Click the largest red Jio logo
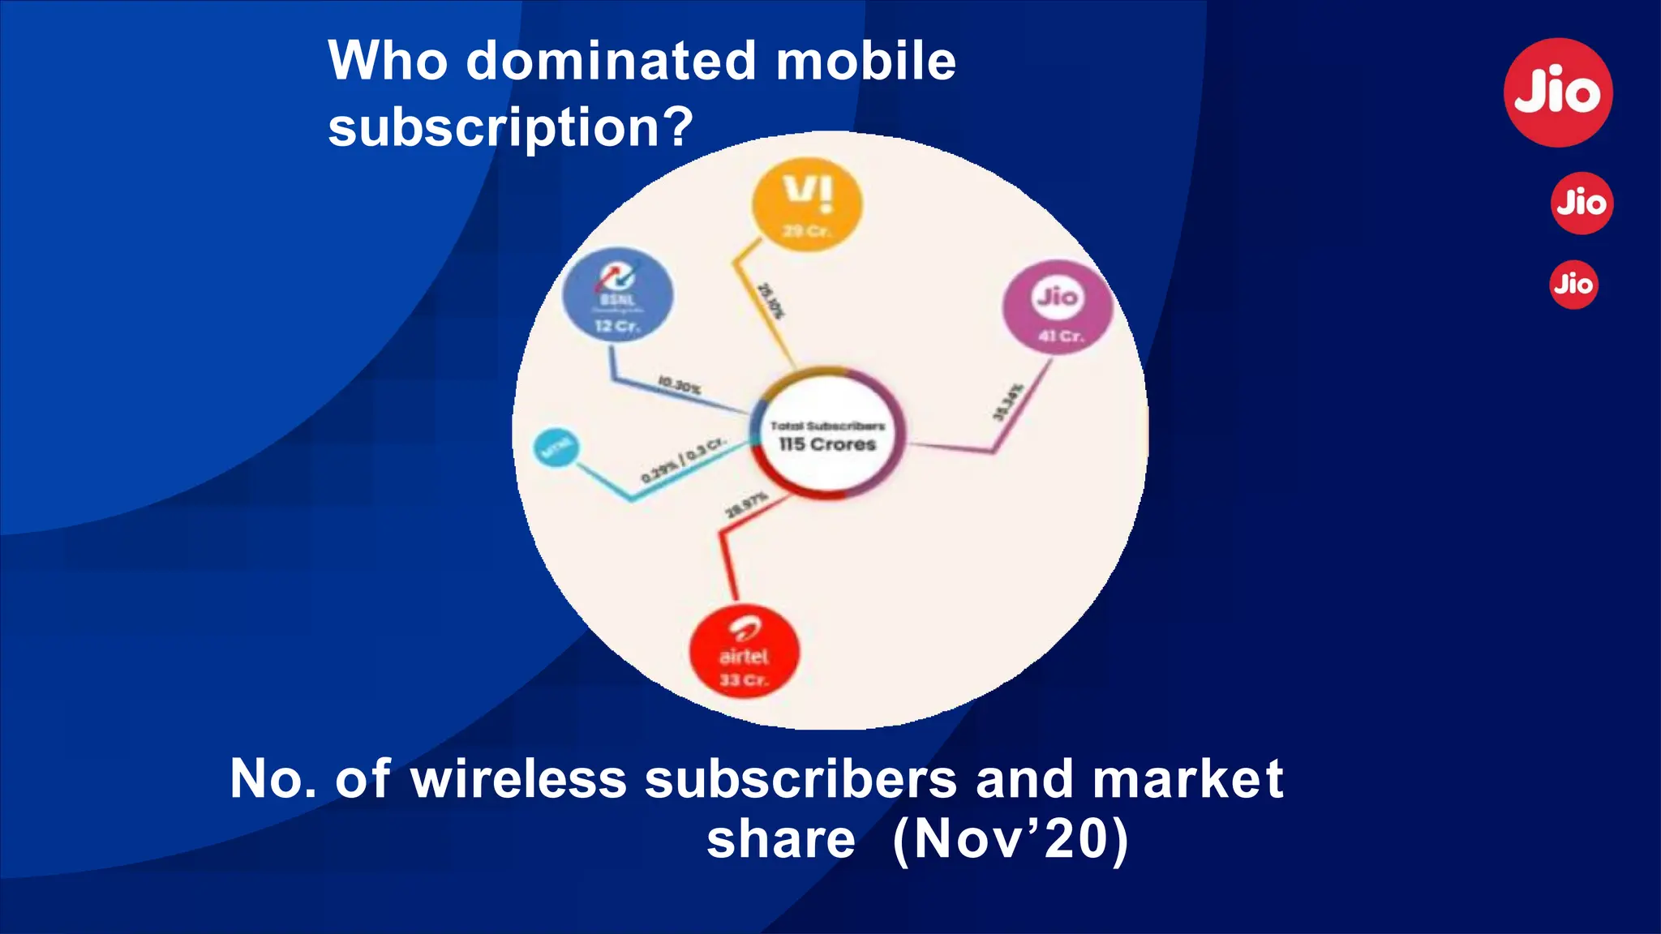click(1558, 92)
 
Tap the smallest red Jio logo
click(1573, 285)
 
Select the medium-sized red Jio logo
click(1582, 203)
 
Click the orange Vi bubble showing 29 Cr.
click(807, 204)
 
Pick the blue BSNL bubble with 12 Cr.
click(618, 295)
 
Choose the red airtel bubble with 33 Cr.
click(744, 653)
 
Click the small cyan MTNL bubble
click(556, 448)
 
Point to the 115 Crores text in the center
click(827, 444)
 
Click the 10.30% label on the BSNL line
click(679, 385)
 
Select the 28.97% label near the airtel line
click(746, 504)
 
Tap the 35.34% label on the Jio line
click(1008, 402)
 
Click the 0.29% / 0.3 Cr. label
click(683, 461)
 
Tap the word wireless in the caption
click(519, 779)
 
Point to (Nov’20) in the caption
click(1010, 839)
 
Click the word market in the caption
click(1188, 779)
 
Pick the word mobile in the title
click(866, 61)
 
